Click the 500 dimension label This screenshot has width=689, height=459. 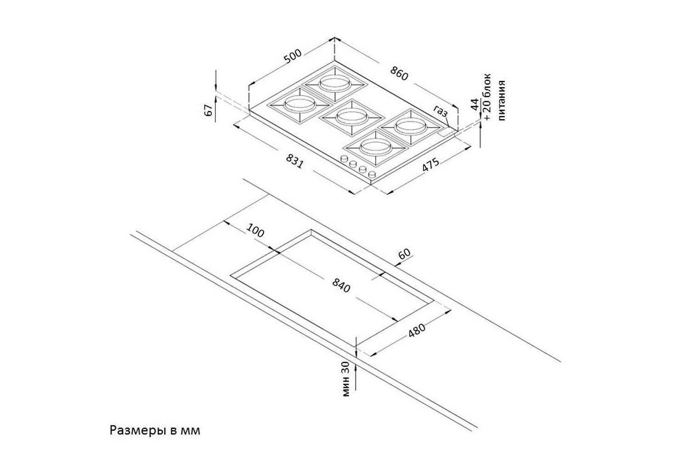pos(293,56)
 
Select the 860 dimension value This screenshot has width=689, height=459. pos(399,73)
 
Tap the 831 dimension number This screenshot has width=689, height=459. pos(295,161)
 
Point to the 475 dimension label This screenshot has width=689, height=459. pos(431,165)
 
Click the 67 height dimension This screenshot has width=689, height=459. pos(209,110)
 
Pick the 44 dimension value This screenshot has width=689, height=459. pos(475,104)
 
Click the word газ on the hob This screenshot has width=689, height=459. pos(441,111)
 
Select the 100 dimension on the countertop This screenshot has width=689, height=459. pos(255,230)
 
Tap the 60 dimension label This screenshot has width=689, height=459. pos(405,253)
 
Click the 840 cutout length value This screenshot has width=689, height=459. pos(341,285)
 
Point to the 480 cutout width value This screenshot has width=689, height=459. pos(417,330)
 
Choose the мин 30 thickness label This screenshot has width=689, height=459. pos(346,379)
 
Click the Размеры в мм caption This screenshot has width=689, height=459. pos(155,431)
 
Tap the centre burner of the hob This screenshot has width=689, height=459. pos(352,118)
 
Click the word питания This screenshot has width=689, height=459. pos(502,101)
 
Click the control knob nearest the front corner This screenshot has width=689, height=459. pos(372,174)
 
